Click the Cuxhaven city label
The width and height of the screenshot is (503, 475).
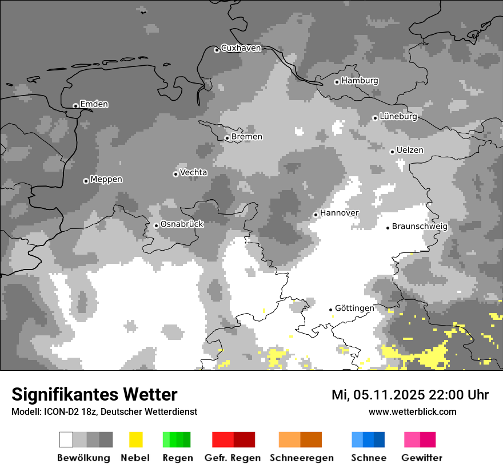click(x=241, y=48)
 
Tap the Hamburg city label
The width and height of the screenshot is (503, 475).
click(x=360, y=81)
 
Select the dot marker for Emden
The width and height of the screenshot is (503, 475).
click(x=75, y=106)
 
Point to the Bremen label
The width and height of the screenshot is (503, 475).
click(x=247, y=137)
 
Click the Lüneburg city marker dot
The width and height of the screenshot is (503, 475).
click(x=375, y=118)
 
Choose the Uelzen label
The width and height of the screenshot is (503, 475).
click(x=410, y=150)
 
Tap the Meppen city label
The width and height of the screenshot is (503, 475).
click(x=106, y=180)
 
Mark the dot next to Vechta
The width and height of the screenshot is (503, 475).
click(x=175, y=174)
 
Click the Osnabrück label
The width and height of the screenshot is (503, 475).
click(x=182, y=224)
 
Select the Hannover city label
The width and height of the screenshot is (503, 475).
click(x=339, y=213)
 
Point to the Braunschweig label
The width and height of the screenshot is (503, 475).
click(x=420, y=227)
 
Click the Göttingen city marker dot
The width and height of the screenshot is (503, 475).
click(x=330, y=310)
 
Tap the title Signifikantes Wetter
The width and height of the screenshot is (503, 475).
click(x=94, y=394)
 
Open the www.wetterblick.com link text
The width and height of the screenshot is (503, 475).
click(x=412, y=411)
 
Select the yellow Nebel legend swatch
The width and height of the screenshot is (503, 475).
click(x=135, y=440)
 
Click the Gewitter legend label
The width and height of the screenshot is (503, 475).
click(x=421, y=458)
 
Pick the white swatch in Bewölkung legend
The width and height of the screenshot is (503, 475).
click(x=66, y=440)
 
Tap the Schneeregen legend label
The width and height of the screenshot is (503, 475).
click(x=301, y=458)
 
